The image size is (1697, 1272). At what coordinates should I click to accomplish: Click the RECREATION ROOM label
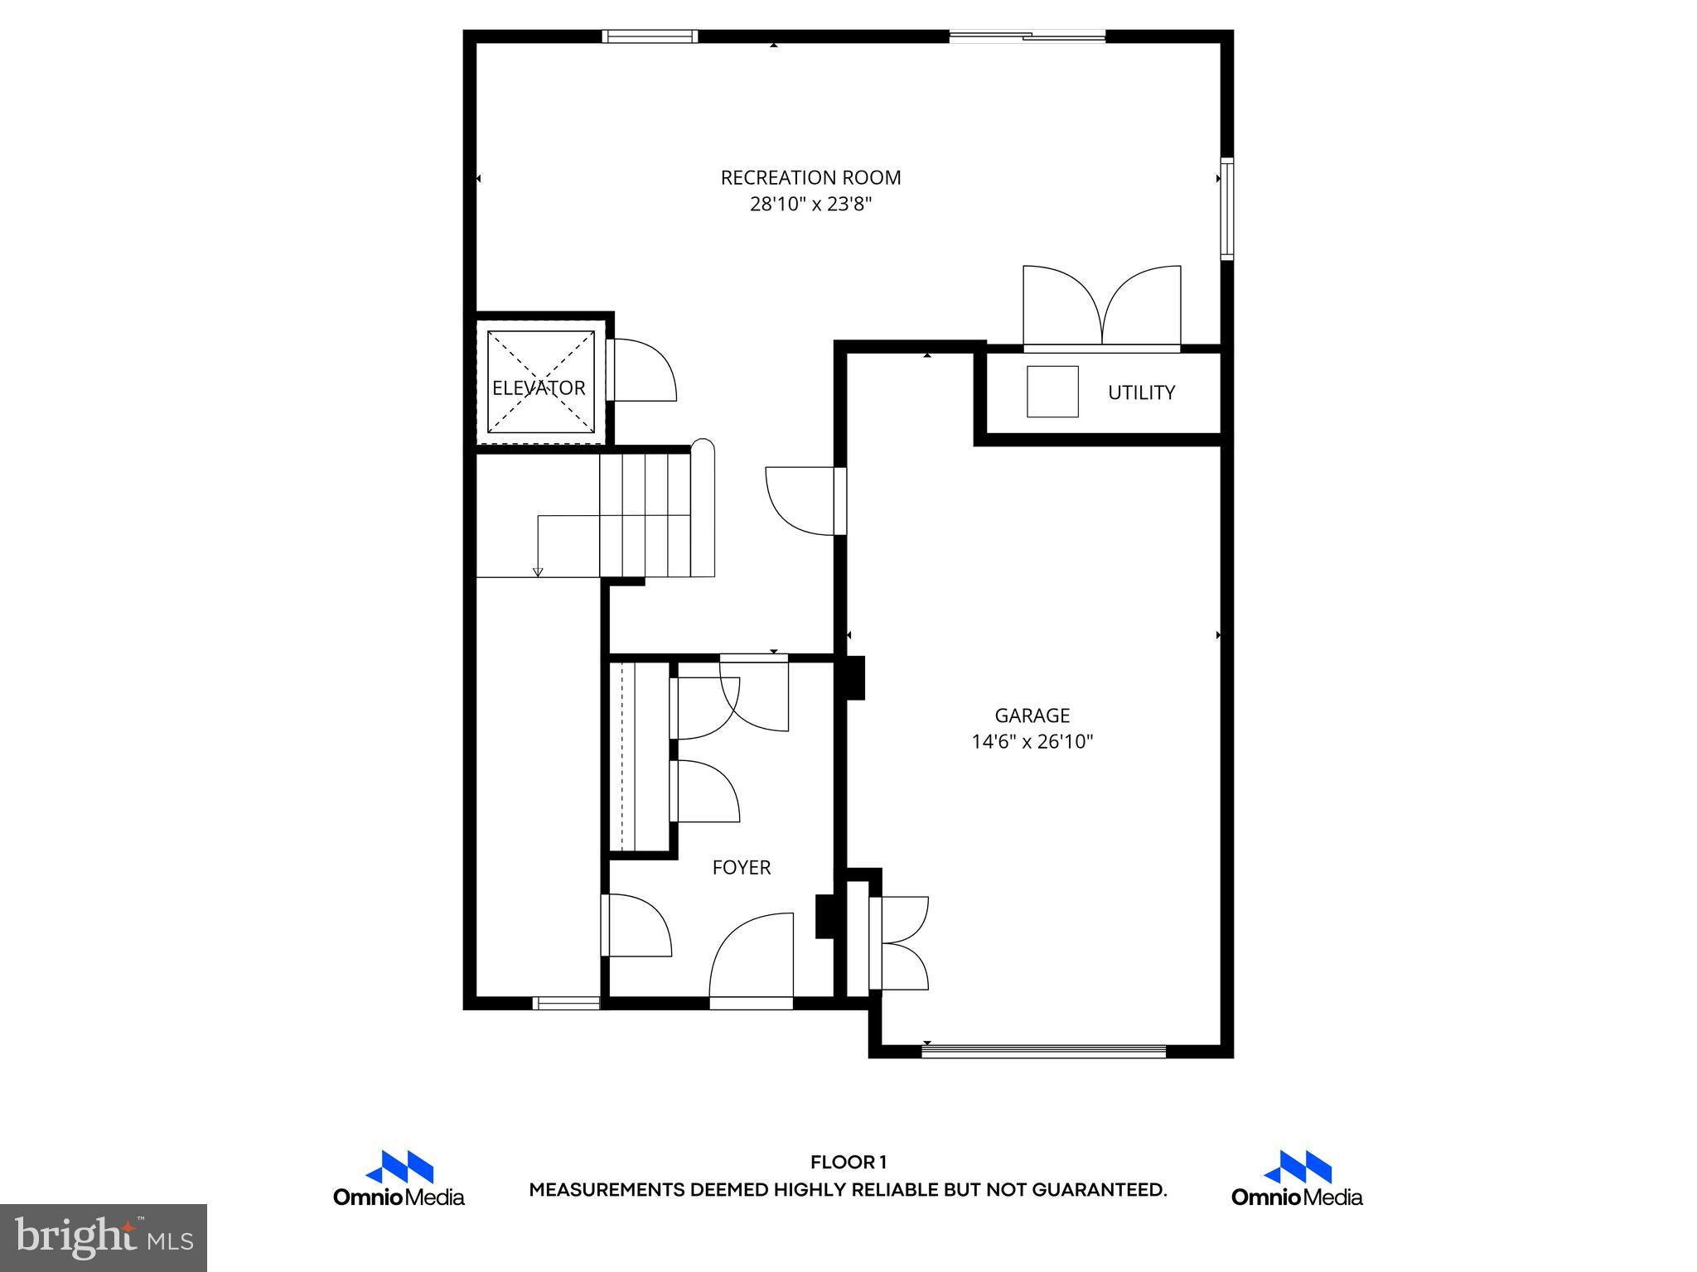click(810, 177)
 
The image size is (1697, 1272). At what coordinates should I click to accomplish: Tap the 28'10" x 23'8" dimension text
click(810, 204)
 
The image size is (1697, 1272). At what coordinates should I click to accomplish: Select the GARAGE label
click(1032, 715)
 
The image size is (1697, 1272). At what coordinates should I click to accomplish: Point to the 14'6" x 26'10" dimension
click(1032, 742)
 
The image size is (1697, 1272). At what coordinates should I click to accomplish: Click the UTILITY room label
click(1141, 393)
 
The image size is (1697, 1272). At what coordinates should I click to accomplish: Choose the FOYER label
click(741, 867)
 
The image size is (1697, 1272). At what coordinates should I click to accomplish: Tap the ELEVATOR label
click(539, 388)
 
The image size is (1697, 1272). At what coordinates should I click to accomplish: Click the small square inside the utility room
click(1052, 392)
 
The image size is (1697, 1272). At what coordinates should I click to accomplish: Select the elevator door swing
click(643, 371)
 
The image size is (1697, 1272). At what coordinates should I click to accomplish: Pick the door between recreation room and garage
click(800, 500)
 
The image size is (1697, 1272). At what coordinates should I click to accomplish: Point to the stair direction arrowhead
click(538, 571)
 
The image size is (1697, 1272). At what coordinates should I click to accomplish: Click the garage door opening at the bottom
click(1043, 1052)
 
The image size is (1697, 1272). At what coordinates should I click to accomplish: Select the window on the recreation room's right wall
click(1227, 209)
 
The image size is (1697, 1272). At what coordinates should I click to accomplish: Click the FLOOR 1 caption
click(848, 1163)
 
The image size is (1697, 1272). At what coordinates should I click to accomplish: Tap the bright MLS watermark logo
click(104, 1236)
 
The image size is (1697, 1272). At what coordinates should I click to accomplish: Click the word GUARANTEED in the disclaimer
click(1098, 1190)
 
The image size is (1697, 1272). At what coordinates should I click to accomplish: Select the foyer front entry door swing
click(751, 956)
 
